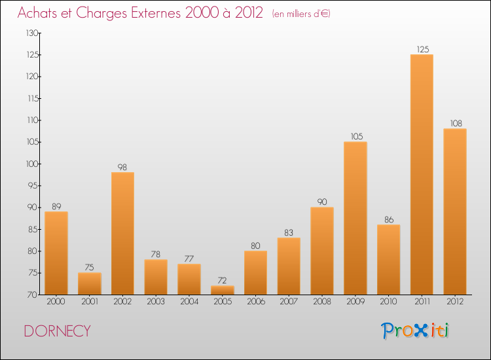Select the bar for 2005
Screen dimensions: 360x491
[223, 290]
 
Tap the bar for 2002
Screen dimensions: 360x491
[123, 233]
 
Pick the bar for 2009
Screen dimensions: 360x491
[355, 218]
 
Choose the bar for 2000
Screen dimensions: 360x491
[56, 253]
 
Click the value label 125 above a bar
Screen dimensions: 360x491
[422, 49]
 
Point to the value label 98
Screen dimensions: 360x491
[123, 167]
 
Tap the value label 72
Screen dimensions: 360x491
[223, 280]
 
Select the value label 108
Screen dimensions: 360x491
[455, 123]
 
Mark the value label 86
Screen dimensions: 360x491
[388, 219]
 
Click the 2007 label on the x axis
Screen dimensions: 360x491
[289, 302]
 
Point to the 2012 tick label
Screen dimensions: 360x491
[455, 302]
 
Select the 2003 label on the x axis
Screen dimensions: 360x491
[156, 302]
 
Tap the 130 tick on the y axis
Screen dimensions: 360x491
[31, 33]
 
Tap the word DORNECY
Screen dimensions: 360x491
[57, 331]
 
